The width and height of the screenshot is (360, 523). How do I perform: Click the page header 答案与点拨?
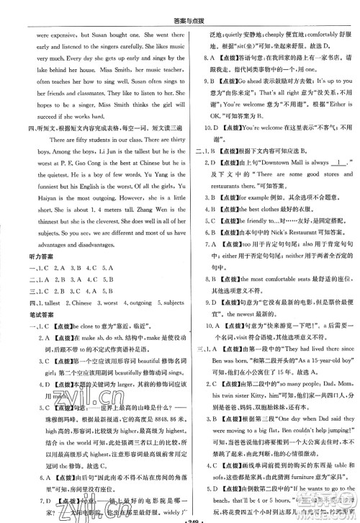tap(180, 8)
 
